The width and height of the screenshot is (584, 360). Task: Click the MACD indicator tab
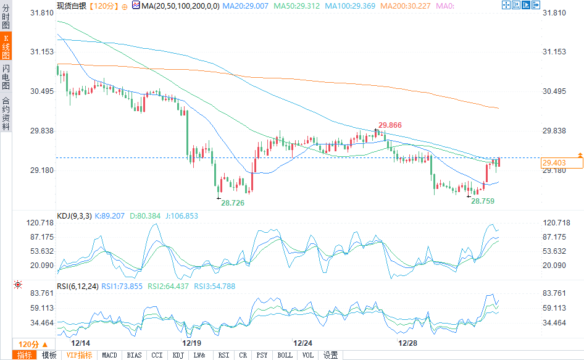pos(109,355)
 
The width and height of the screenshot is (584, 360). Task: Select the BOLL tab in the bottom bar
pos(285,355)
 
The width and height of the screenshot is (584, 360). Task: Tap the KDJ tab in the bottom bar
pos(178,355)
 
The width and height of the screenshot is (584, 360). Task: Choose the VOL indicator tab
pos(307,355)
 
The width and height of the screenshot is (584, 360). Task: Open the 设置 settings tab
pos(331,355)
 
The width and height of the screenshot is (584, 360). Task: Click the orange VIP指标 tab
pos(80,355)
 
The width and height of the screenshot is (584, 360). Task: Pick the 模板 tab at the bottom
pos(49,355)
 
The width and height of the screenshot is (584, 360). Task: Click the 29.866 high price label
pos(390,125)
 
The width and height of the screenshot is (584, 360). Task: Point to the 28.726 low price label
pos(233,203)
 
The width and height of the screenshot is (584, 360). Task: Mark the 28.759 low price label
pos(483,201)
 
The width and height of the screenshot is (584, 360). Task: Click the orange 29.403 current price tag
pos(561,163)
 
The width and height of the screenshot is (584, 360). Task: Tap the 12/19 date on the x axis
pos(191,342)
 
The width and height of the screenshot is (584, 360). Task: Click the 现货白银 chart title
pos(71,6)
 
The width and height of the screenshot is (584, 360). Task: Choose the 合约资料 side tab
pos(6,114)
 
